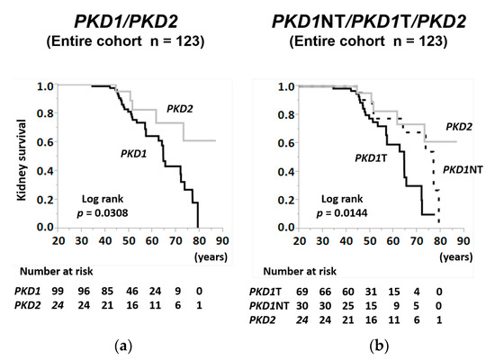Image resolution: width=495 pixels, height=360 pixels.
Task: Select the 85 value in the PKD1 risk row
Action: pyautogui.click(x=110, y=292)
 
